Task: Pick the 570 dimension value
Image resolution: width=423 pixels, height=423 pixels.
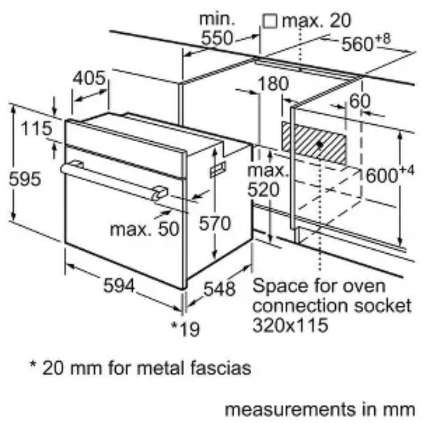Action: [215, 224]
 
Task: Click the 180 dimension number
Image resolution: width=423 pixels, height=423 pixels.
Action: [274, 84]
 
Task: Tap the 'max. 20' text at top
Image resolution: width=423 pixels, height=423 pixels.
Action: [316, 21]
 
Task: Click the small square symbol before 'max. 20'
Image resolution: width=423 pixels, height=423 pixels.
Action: [270, 21]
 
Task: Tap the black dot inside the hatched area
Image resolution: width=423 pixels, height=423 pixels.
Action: [320, 143]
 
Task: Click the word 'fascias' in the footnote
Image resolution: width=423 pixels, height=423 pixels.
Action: [220, 367]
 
